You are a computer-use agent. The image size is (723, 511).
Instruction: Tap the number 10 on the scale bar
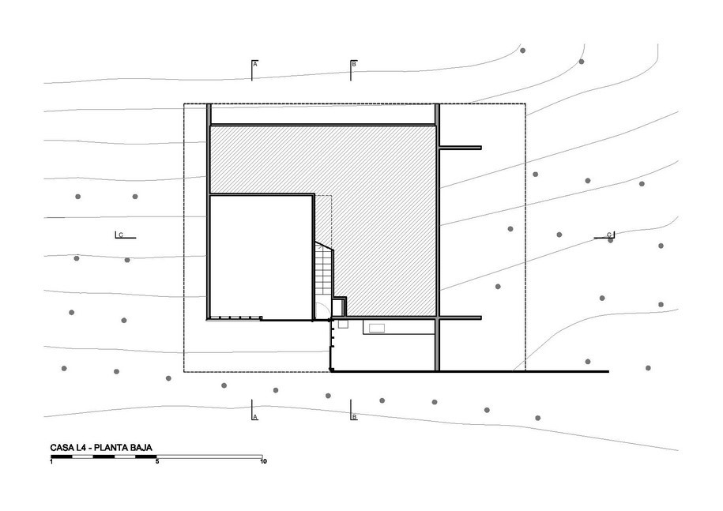263,461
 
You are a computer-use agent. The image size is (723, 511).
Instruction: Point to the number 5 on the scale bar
157,461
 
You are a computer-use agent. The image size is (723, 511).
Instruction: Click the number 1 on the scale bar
51,461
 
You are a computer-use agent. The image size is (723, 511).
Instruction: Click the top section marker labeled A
254,70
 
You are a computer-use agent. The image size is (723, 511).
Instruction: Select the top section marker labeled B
352,70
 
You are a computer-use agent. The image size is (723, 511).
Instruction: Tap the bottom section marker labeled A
254,410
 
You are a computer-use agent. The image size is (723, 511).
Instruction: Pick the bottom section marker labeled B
352,410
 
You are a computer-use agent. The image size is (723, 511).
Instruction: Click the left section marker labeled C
125,235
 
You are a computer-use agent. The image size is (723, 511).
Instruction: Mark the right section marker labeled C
604,235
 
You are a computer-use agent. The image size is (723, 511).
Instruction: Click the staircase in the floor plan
324,269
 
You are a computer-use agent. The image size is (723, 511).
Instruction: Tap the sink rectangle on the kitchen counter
376,328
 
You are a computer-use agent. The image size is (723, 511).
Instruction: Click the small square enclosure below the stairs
339,306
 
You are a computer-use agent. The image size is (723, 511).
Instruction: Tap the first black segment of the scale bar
62,457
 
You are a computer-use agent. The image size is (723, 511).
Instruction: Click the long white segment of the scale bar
210,457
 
